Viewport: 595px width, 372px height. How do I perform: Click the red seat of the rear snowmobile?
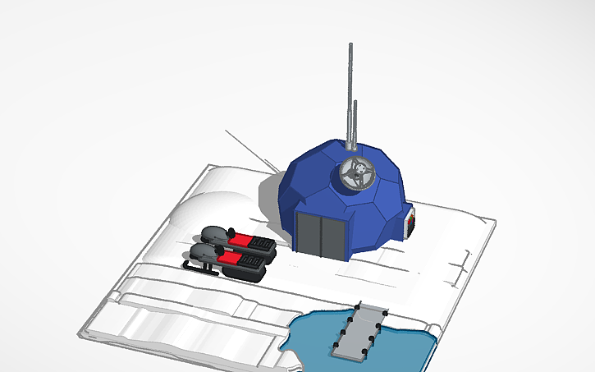click(244, 239)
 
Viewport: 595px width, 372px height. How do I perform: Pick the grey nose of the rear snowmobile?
click(215, 233)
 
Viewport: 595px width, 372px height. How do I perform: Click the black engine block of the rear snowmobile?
click(263, 245)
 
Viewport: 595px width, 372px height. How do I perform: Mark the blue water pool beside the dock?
click(312, 337)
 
